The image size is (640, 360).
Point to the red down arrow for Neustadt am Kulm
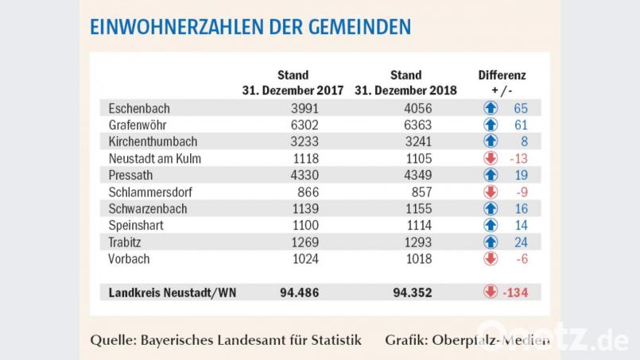point(491,158)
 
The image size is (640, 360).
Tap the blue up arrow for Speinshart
point(491,225)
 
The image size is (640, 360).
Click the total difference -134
point(514,292)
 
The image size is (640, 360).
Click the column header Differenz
point(502,75)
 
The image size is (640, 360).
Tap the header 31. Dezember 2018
point(405,91)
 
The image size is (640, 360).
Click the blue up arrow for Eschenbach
point(491,108)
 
